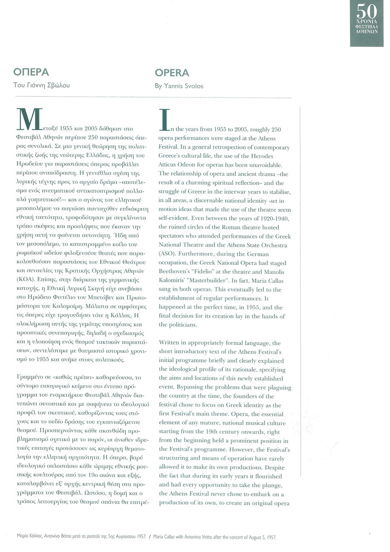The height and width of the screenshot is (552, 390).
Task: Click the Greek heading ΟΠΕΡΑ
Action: pyautogui.click(x=31, y=73)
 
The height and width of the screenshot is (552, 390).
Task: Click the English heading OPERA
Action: pyautogui.click(x=172, y=73)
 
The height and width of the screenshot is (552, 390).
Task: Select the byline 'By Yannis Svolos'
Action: pyautogui.click(x=178, y=86)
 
